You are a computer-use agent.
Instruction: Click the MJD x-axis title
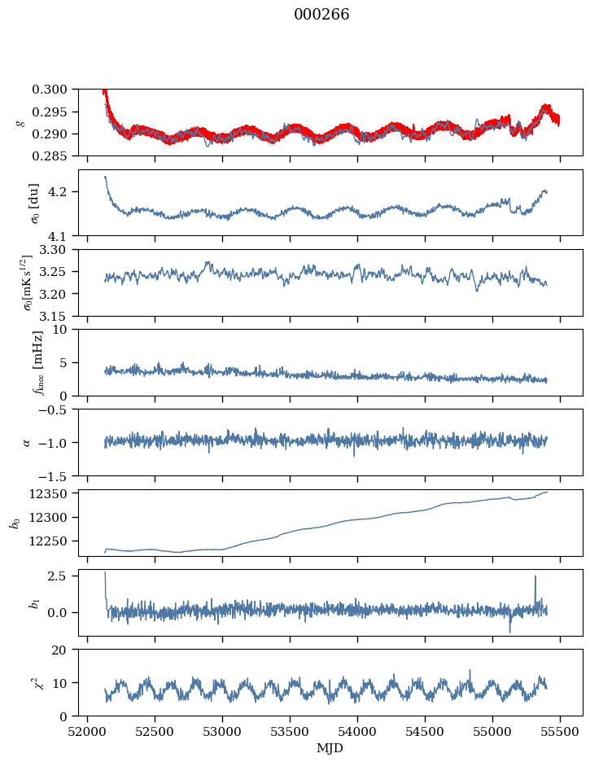click(330, 747)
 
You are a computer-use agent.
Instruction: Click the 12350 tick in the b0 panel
click(56, 493)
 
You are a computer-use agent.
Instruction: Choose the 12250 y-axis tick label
click(56, 541)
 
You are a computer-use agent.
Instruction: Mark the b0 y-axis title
click(15, 522)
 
